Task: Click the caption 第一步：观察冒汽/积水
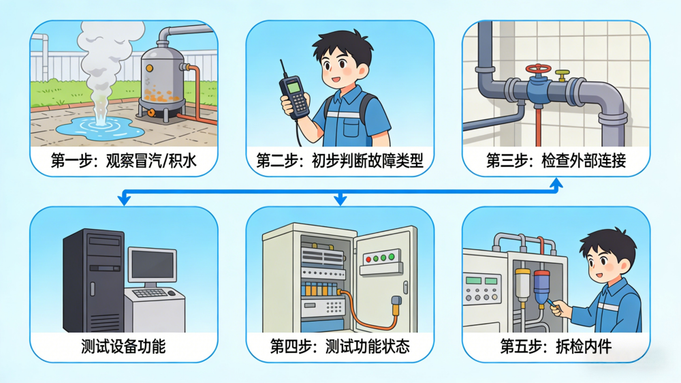[x=124, y=161]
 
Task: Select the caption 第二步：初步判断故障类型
[x=340, y=161]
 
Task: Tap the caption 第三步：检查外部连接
[x=556, y=161]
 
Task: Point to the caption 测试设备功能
[x=123, y=346]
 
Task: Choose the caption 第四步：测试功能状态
[x=340, y=346]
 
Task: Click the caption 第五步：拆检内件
[x=556, y=346]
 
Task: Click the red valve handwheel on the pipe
[x=538, y=70]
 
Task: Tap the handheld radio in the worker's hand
[x=294, y=95]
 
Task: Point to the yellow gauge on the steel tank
[x=149, y=68]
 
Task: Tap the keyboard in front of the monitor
[x=150, y=294]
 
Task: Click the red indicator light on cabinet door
[x=368, y=260]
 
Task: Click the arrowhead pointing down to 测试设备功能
[x=124, y=200]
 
